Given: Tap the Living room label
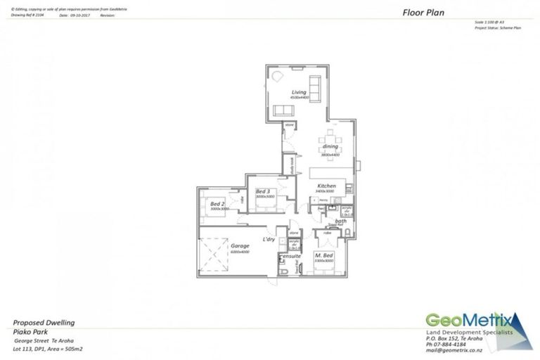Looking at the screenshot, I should click(299, 92).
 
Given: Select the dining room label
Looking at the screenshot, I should click(330, 146).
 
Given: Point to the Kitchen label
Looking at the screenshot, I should click(326, 185).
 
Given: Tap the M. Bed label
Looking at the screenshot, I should click(323, 255).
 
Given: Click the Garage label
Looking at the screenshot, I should click(240, 246).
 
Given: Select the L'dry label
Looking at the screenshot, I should click(268, 240).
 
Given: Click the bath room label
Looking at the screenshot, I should click(340, 221).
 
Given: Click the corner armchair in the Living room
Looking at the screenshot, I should click(277, 76).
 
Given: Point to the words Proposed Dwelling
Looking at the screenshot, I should click(44, 323).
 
